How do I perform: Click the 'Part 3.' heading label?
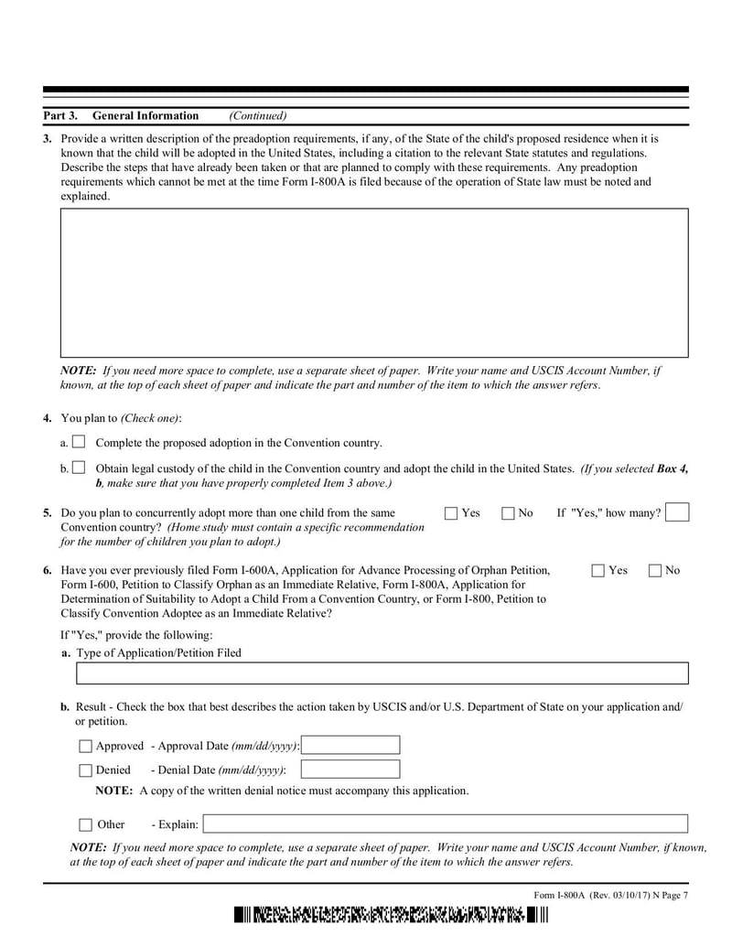pos(60,116)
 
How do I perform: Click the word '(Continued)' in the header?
pos(257,116)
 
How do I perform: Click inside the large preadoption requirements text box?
pos(373,282)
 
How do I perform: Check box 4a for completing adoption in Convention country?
pos(79,442)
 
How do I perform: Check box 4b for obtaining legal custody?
pos(79,468)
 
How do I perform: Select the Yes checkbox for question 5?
pos(451,513)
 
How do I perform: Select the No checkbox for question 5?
pos(508,513)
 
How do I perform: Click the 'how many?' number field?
pos(677,512)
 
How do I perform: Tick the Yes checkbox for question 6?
pos(598,571)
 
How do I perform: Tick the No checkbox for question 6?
pos(655,571)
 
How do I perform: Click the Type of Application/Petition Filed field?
pos(382,674)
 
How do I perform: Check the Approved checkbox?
pos(86,747)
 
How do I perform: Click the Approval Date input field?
pos(350,746)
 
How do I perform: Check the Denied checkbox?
pos(86,770)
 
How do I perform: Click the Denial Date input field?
pos(350,769)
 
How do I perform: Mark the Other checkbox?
pos(86,824)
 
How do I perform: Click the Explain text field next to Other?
pos(445,823)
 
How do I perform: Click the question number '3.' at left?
pos(48,139)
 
